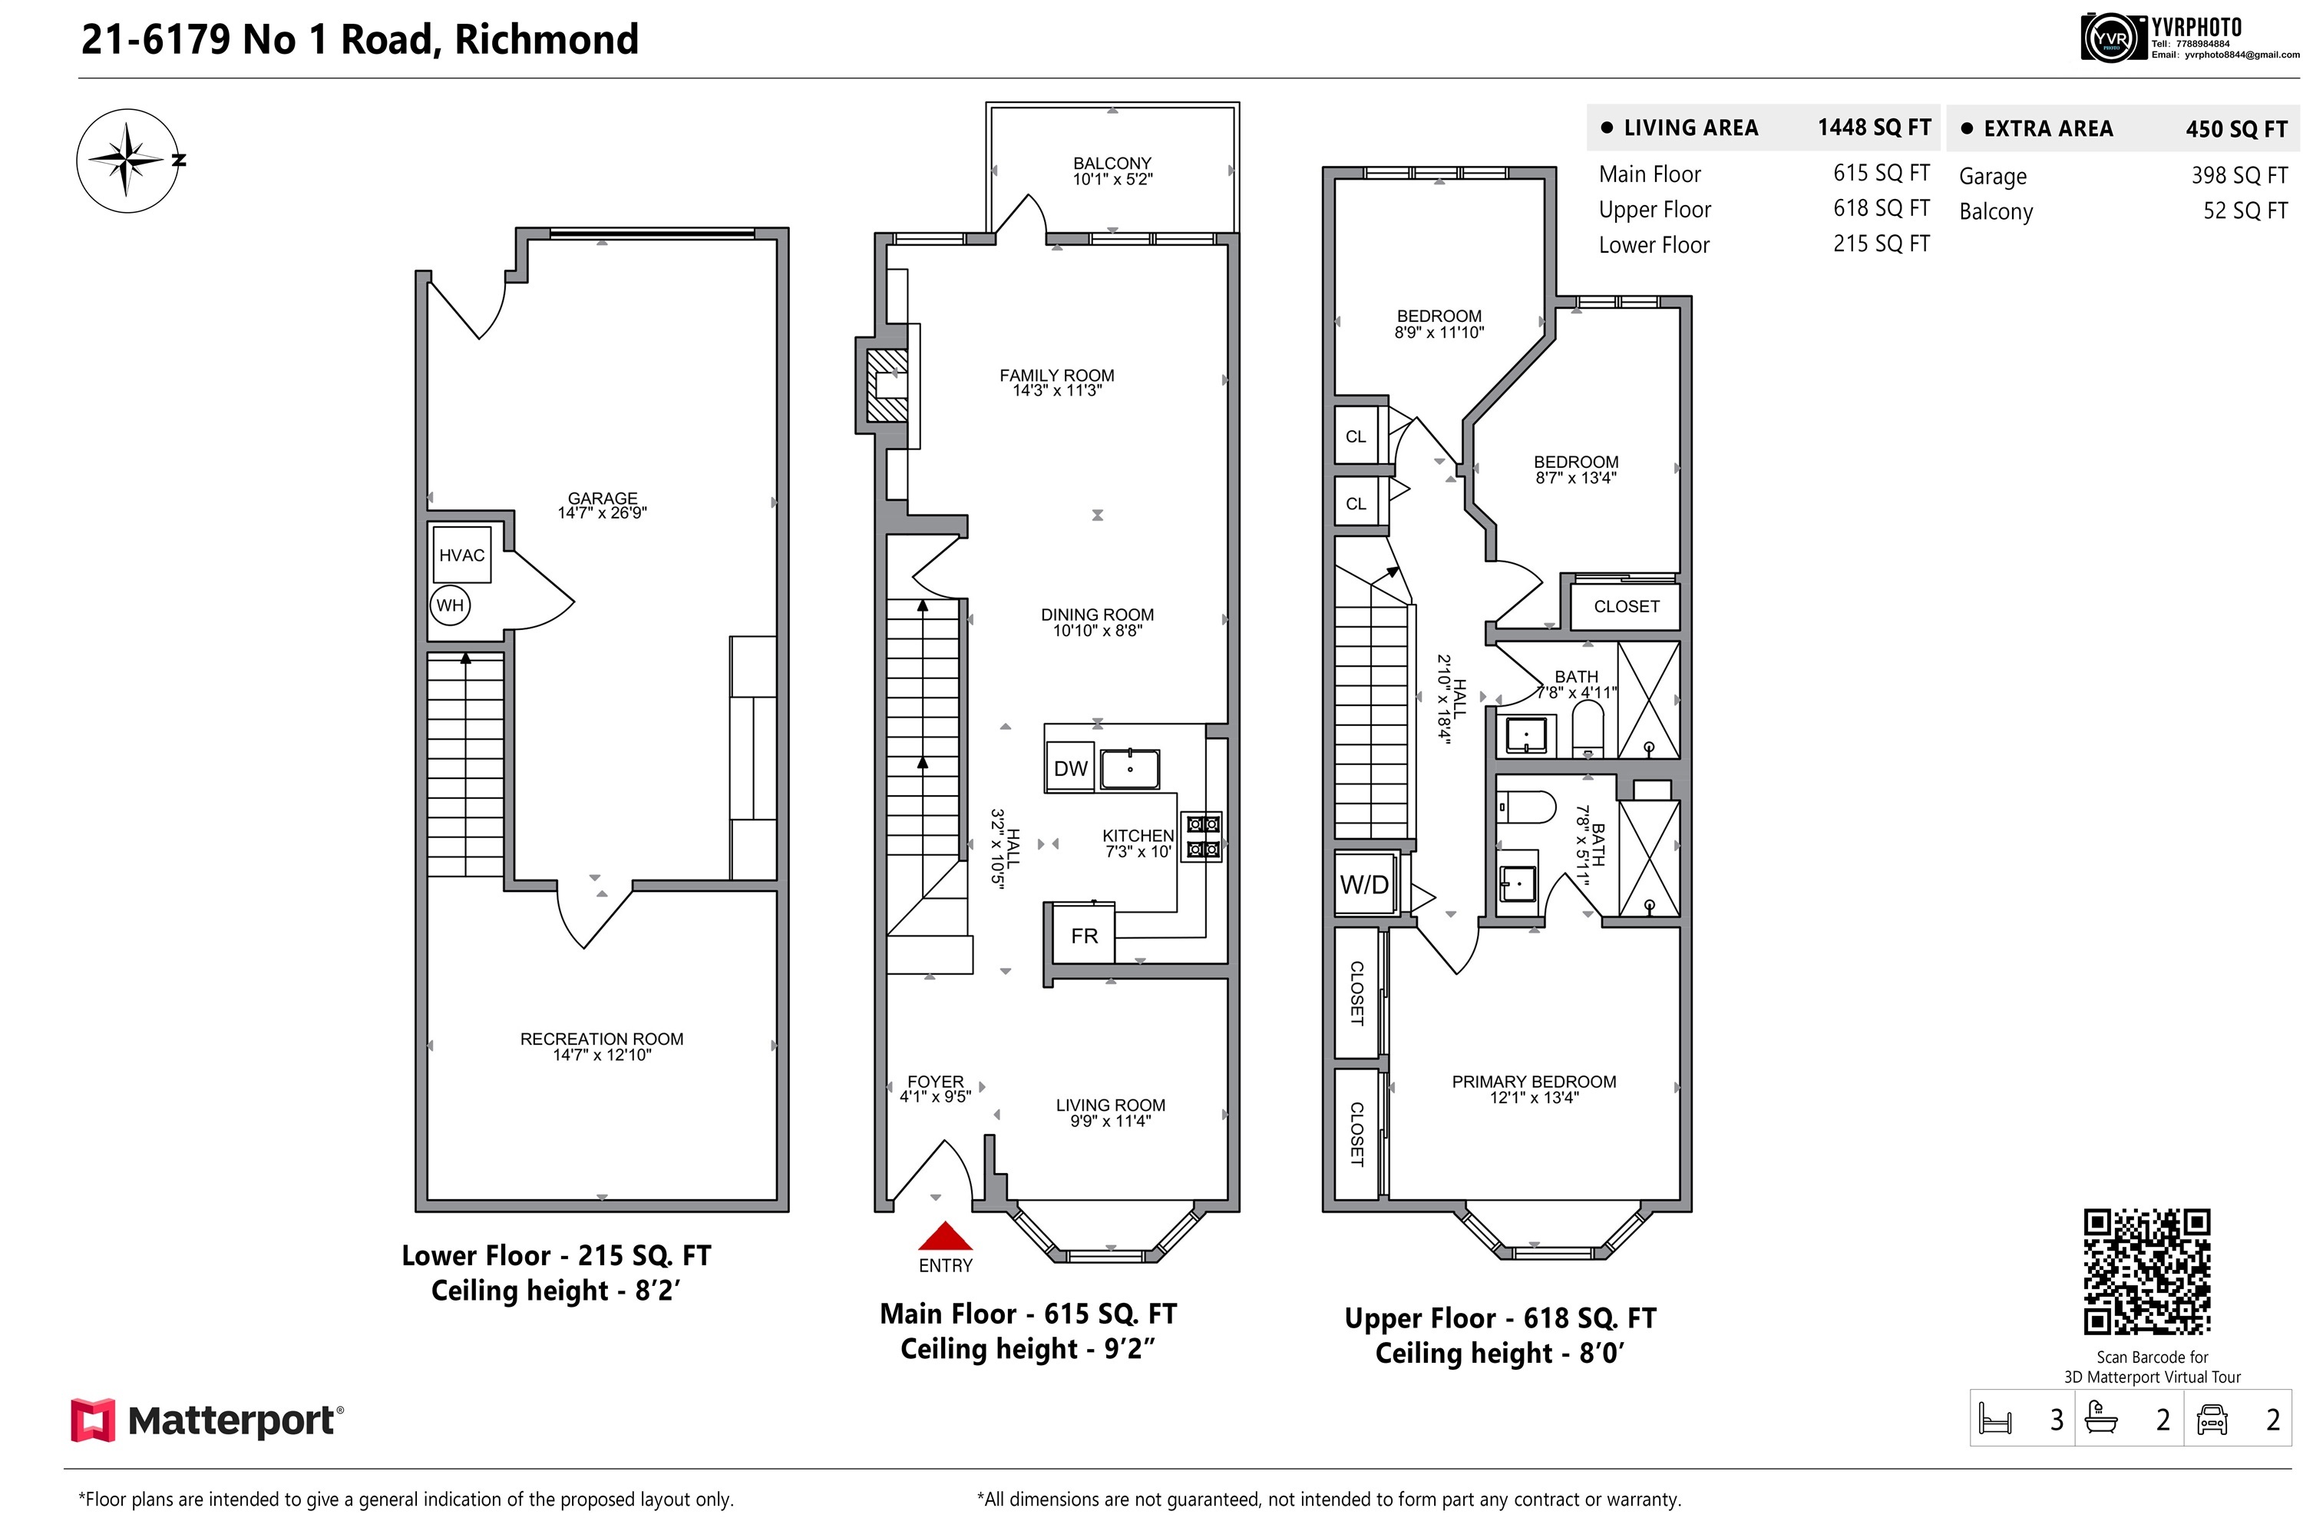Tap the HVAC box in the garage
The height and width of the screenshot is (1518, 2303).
(x=461, y=555)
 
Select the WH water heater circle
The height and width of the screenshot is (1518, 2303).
(x=450, y=605)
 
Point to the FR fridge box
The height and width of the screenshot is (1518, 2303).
(x=1084, y=935)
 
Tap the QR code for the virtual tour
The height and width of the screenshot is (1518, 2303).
(x=2147, y=1271)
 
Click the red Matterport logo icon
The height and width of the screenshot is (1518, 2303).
(x=92, y=1420)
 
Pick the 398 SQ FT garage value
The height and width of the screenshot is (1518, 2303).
(x=2239, y=175)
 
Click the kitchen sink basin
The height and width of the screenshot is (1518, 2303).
(x=1130, y=770)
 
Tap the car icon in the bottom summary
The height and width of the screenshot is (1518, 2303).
(x=2212, y=1419)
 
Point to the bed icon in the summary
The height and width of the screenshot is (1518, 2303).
(x=1995, y=1419)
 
